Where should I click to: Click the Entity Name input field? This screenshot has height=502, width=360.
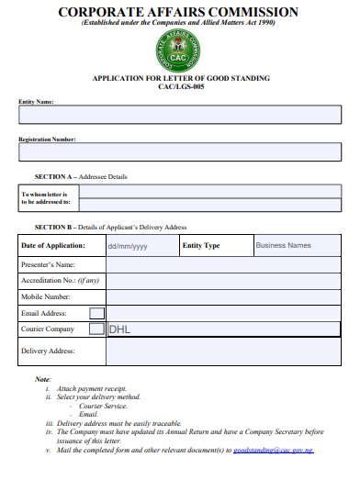[180, 115]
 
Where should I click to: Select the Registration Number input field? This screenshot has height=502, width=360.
[180, 151]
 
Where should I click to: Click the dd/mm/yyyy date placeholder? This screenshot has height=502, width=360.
[128, 246]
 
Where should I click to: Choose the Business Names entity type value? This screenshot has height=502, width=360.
[283, 246]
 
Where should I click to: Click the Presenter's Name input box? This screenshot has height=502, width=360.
[223, 264]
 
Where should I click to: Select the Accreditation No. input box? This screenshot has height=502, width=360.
[223, 280]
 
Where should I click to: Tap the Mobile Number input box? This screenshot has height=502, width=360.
[223, 296]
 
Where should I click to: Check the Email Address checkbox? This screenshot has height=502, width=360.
[96, 313]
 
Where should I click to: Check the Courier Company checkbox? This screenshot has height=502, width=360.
[96, 329]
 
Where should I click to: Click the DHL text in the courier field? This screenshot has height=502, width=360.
[120, 329]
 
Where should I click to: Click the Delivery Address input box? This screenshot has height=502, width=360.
[223, 350]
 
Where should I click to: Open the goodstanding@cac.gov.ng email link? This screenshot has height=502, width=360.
[274, 451]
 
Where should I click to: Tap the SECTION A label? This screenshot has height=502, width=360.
[54, 175]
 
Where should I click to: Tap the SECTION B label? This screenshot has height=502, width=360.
[54, 226]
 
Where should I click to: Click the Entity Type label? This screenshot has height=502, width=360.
[201, 246]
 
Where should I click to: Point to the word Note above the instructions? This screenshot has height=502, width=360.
[42, 379]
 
